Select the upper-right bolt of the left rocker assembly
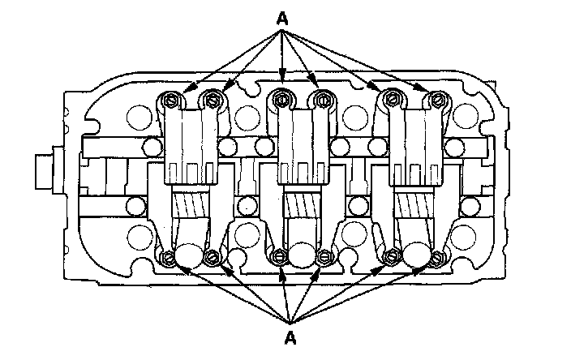tap(213, 100)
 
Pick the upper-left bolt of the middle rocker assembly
tap(281, 100)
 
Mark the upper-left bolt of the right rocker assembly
tap(396, 100)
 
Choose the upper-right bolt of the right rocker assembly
tap(438, 100)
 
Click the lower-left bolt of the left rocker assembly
tap(169, 258)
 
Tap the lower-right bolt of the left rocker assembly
tap(213, 258)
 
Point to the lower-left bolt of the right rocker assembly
tap(391, 258)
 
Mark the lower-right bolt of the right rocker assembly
tap(438, 258)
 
